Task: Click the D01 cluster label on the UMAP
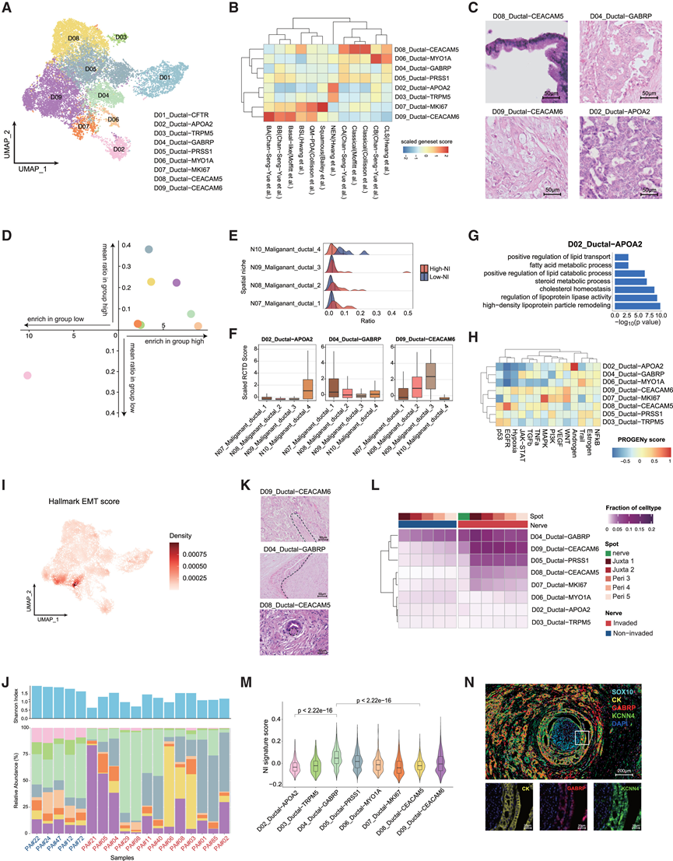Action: point(164,78)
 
